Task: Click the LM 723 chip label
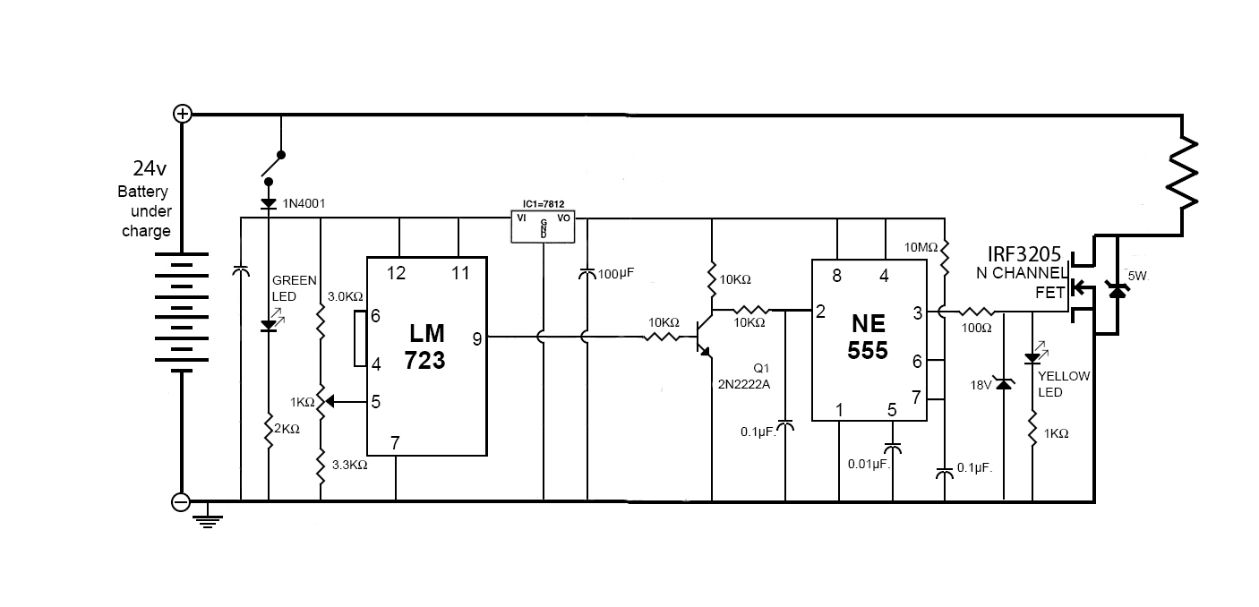point(426,346)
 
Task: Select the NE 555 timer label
point(868,336)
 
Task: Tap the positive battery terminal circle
point(182,114)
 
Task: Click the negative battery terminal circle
point(181,502)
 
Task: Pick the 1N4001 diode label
point(304,204)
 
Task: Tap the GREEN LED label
point(294,287)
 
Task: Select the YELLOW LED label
point(1064,384)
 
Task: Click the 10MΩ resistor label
point(921,247)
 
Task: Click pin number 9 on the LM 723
point(477,338)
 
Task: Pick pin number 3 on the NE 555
point(917,312)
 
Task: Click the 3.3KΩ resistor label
point(348,465)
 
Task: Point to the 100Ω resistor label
point(975,328)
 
